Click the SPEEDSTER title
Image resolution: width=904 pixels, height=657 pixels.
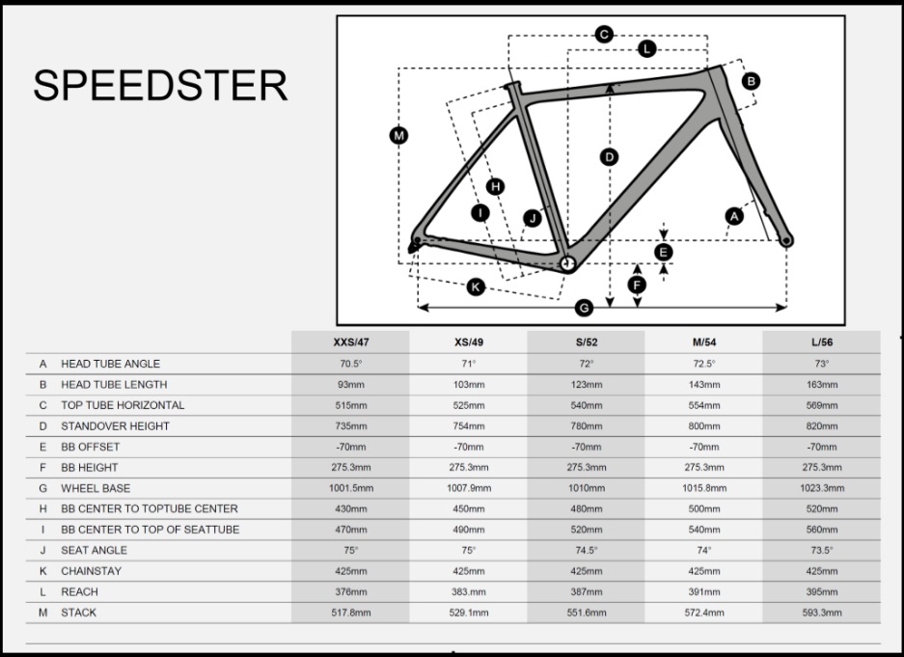tap(160, 85)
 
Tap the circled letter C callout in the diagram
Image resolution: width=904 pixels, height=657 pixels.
tap(604, 35)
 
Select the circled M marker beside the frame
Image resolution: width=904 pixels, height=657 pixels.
tap(398, 136)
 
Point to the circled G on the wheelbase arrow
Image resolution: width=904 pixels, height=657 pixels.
tap(584, 309)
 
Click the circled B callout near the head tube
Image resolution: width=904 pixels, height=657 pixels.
tap(751, 81)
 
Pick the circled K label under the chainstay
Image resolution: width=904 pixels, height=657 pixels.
tap(475, 287)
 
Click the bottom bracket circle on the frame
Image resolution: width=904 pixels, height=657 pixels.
tap(568, 264)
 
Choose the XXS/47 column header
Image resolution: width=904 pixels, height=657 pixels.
tap(351, 342)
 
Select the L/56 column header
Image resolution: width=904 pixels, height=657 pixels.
tap(822, 342)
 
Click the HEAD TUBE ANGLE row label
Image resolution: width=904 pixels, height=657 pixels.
tap(111, 365)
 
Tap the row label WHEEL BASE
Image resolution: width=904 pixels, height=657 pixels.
tap(96, 489)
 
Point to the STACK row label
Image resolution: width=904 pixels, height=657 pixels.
tap(79, 613)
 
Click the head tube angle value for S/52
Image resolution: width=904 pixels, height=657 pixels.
tap(587, 365)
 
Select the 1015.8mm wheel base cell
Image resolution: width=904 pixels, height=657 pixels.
tap(704, 489)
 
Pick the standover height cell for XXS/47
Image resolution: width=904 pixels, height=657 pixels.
tap(351, 426)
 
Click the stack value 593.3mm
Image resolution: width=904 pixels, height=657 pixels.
tap(822, 613)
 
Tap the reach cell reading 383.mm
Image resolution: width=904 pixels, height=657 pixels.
tap(469, 591)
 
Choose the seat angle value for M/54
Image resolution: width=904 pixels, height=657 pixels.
tap(704, 550)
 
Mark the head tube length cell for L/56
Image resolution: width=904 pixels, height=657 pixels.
tap(822, 385)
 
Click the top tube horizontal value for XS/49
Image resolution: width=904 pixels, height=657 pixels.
tap(469, 406)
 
